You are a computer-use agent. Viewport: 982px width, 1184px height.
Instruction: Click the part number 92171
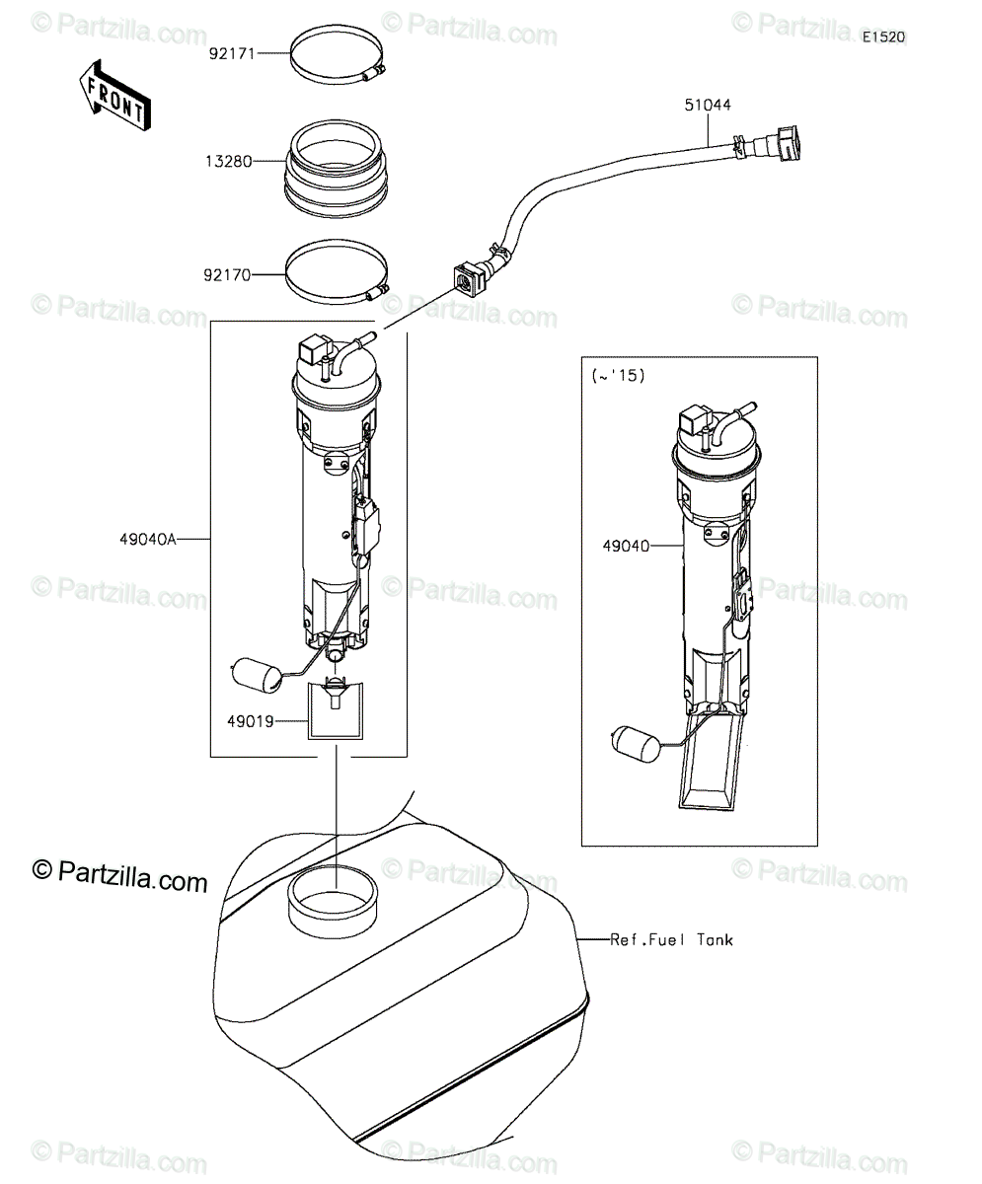pyautogui.click(x=233, y=54)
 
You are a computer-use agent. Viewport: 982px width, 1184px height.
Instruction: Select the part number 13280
pyautogui.click(x=229, y=162)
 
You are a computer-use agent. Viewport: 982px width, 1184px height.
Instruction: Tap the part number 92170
pyautogui.click(x=227, y=275)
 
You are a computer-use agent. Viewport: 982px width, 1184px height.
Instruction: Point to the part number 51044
pyautogui.click(x=708, y=105)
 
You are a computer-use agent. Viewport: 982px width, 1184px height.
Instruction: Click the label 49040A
pyautogui.click(x=148, y=540)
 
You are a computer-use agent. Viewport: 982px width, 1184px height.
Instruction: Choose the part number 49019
pyautogui.click(x=251, y=721)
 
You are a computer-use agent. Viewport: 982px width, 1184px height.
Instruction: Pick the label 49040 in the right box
pyautogui.click(x=626, y=546)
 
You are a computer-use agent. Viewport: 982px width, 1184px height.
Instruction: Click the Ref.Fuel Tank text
pyautogui.click(x=672, y=940)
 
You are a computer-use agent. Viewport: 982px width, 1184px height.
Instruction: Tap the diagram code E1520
pyautogui.click(x=884, y=37)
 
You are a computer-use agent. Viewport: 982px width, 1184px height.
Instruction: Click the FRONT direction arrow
pyautogui.click(x=115, y=96)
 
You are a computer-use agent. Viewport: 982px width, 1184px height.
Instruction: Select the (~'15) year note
pyautogui.click(x=619, y=375)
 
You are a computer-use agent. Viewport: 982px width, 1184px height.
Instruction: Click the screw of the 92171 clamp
pyautogui.click(x=374, y=72)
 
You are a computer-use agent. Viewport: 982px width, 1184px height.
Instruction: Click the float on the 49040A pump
pyautogui.click(x=256, y=675)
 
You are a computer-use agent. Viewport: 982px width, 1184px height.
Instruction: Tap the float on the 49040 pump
pyautogui.click(x=636, y=744)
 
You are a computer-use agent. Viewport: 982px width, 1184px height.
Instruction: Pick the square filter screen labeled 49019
pyautogui.click(x=336, y=711)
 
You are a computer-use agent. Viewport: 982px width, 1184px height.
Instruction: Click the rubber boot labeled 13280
pyautogui.click(x=337, y=169)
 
